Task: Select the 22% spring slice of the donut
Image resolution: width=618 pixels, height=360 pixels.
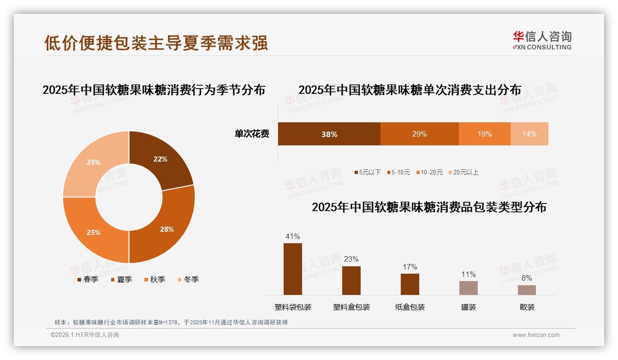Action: click(x=161, y=159)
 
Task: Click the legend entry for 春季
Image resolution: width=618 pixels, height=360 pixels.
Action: click(x=87, y=279)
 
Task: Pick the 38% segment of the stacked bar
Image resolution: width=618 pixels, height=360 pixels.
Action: click(x=329, y=134)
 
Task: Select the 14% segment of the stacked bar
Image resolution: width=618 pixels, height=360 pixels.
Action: click(x=529, y=134)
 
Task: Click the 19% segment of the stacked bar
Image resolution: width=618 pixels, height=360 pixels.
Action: click(x=484, y=134)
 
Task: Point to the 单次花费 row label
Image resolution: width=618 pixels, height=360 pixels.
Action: click(x=252, y=134)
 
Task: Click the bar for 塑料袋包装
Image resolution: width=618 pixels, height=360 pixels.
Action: click(x=292, y=269)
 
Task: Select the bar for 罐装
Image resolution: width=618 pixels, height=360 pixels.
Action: click(x=468, y=288)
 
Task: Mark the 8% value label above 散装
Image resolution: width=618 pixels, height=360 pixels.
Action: click(x=527, y=278)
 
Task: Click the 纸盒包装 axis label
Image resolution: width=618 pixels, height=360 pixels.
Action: click(x=410, y=307)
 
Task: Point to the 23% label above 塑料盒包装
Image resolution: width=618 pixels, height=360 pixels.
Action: click(x=351, y=259)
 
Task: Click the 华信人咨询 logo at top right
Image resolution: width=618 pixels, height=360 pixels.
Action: click(x=542, y=40)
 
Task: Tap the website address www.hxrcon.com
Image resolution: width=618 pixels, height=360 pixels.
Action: click(x=536, y=335)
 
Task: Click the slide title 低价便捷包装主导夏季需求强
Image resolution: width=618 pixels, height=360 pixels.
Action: click(x=156, y=43)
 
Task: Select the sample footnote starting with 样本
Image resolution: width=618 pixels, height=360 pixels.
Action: click(x=171, y=322)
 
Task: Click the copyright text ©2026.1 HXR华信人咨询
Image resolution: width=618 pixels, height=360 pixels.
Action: click(x=85, y=335)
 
